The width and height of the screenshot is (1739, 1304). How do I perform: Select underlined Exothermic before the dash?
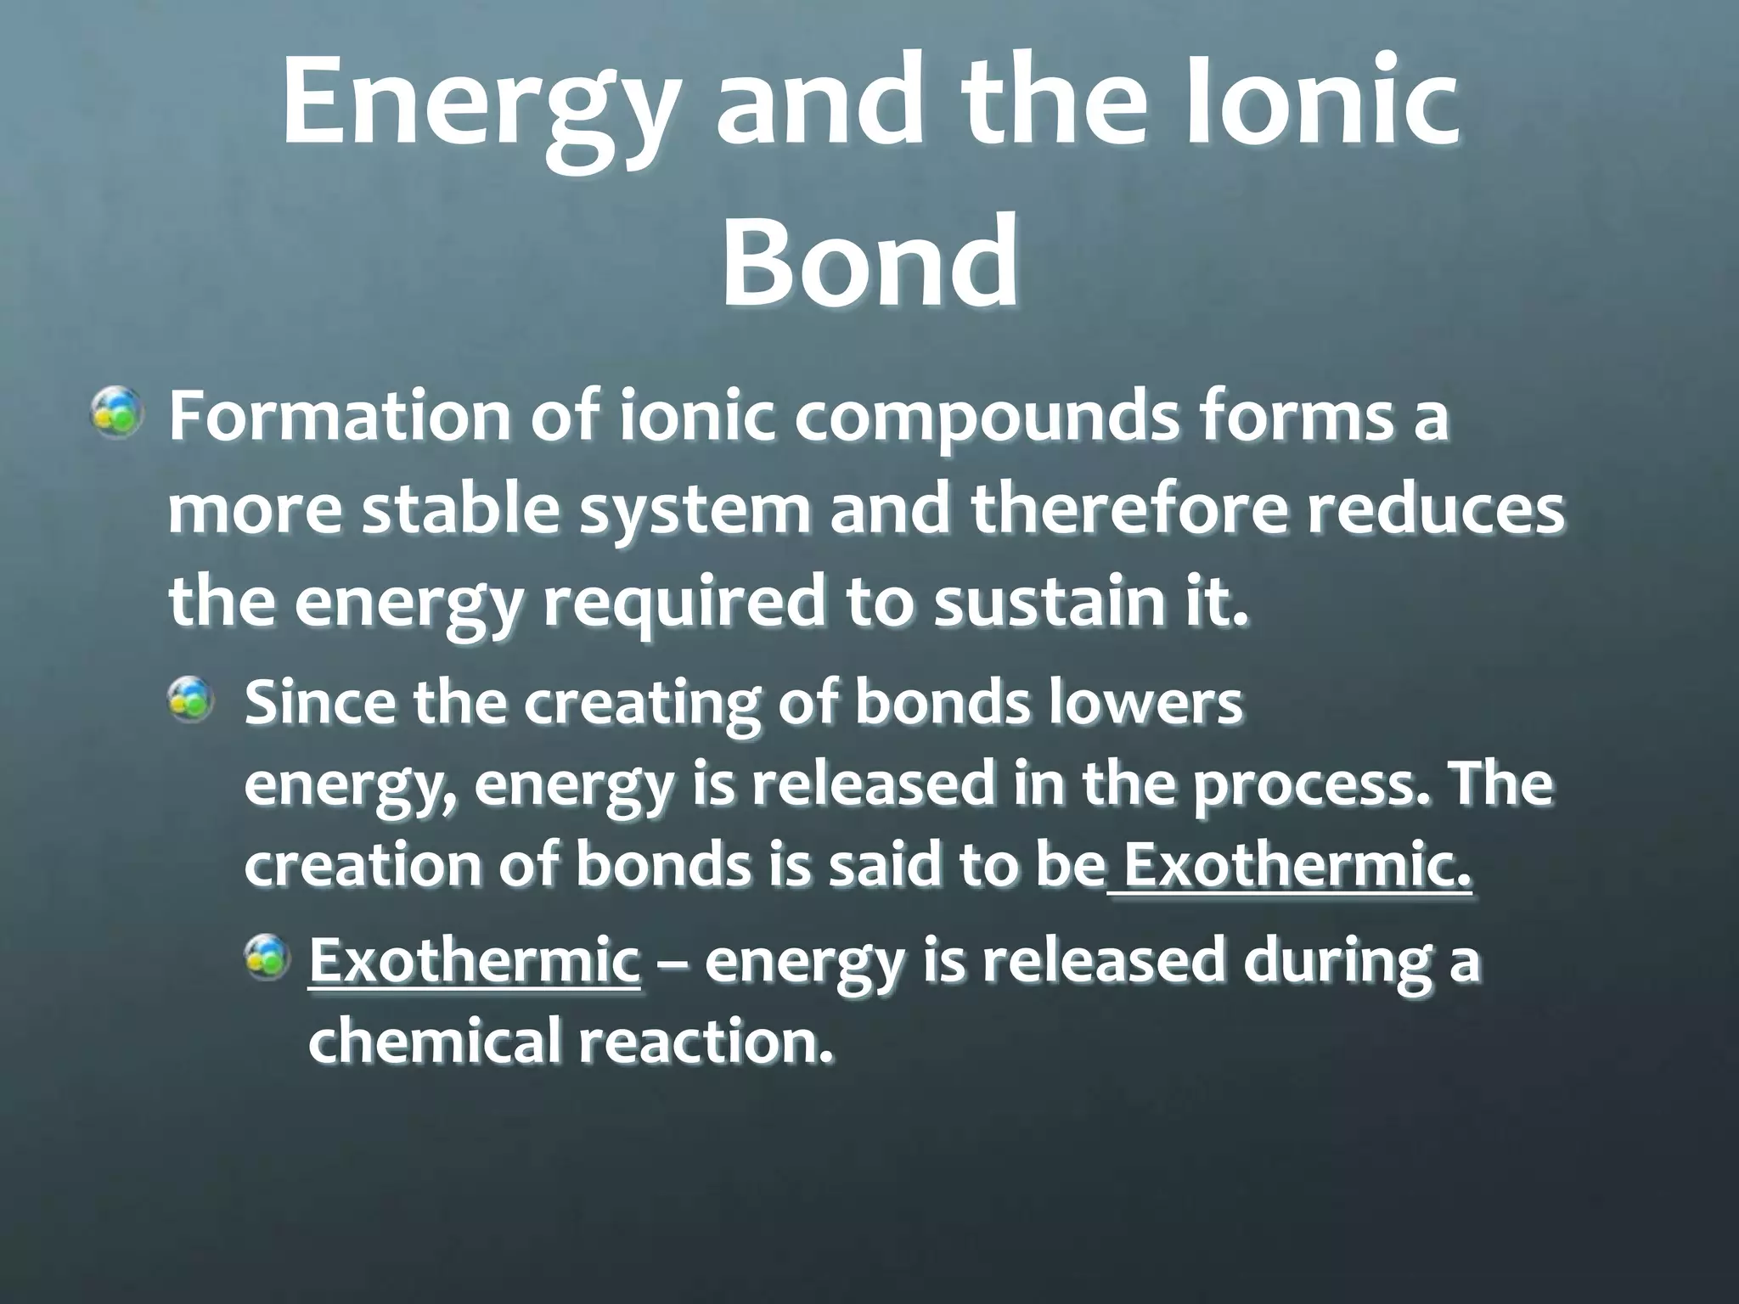[x=474, y=960]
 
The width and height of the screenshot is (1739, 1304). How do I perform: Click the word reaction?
[x=705, y=1041]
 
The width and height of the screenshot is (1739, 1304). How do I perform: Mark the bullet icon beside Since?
[x=189, y=700]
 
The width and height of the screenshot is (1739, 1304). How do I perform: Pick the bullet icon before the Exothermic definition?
[x=268, y=955]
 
